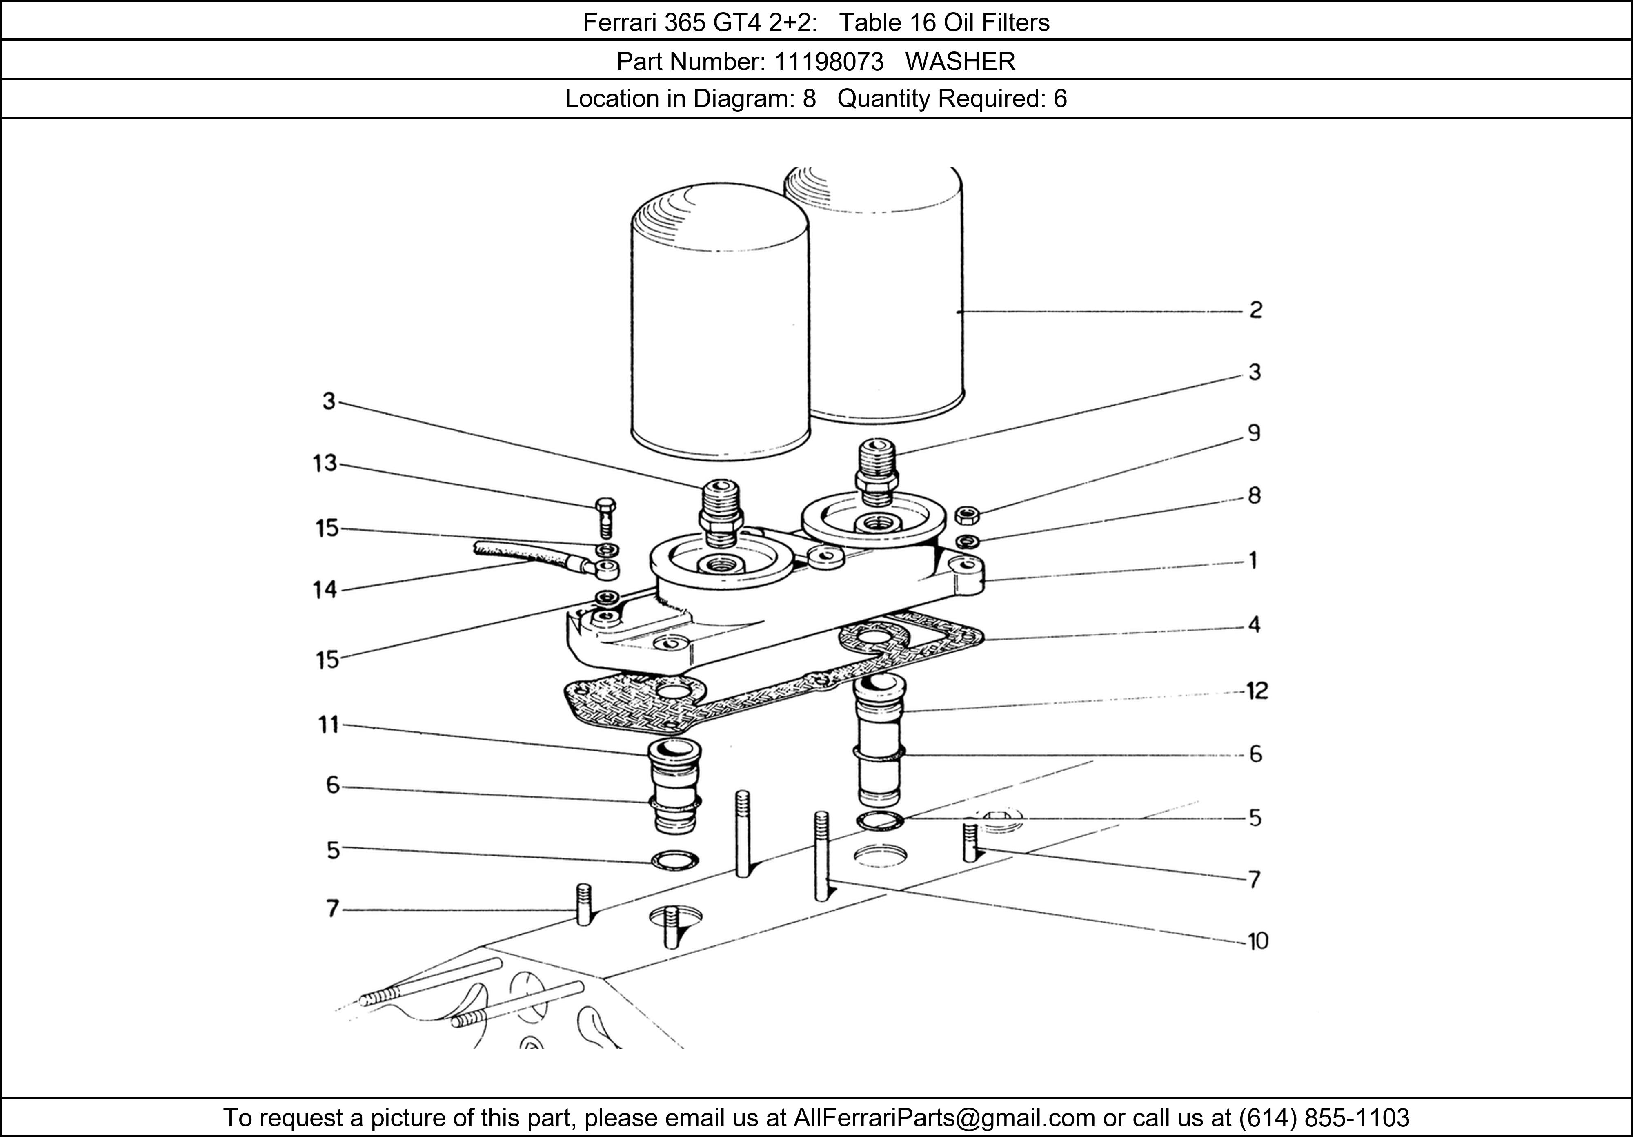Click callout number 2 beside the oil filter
coord(1255,310)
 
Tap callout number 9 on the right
coord(1255,433)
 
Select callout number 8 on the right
coord(1255,495)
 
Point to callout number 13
coord(325,463)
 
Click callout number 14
coord(325,590)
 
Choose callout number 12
coord(1257,691)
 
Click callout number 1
coord(1253,561)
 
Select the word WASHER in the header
coord(960,62)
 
